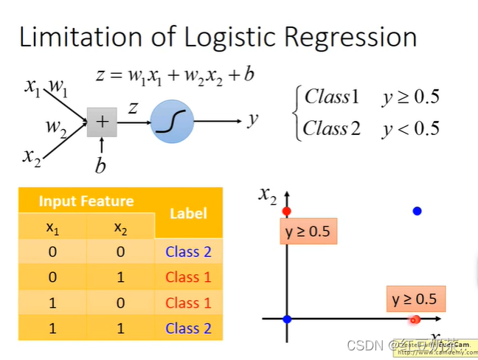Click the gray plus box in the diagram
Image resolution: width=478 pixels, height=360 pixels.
[x=101, y=122]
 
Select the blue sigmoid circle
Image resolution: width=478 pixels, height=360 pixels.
[x=172, y=121]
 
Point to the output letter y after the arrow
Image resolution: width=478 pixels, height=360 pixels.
[x=252, y=118]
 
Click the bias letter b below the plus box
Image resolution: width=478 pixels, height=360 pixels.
[x=100, y=165]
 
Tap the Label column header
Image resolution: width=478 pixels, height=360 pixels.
[x=188, y=213]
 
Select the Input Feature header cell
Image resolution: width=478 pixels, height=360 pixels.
[x=86, y=201]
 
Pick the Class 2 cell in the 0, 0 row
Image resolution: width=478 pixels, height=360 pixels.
[x=188, y=252]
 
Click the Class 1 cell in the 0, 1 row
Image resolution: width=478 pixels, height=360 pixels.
[x=188, y=277]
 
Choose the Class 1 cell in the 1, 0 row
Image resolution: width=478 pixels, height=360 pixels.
[x=188, y=302]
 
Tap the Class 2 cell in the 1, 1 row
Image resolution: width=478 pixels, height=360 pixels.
[x=188, y=328]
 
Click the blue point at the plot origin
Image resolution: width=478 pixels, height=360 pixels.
[x=287, y=319]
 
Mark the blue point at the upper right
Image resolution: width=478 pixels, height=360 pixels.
[x=417, y=211]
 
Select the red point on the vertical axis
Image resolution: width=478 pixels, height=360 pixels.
[x=287, y=212]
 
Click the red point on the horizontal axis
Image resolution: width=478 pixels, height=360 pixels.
[x=415, y=319]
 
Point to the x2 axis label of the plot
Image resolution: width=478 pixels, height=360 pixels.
[x=268, y=195]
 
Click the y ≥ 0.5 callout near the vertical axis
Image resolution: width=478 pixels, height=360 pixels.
[x=307, y=232]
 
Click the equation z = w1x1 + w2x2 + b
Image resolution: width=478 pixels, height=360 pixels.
[x=176, y=75]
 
